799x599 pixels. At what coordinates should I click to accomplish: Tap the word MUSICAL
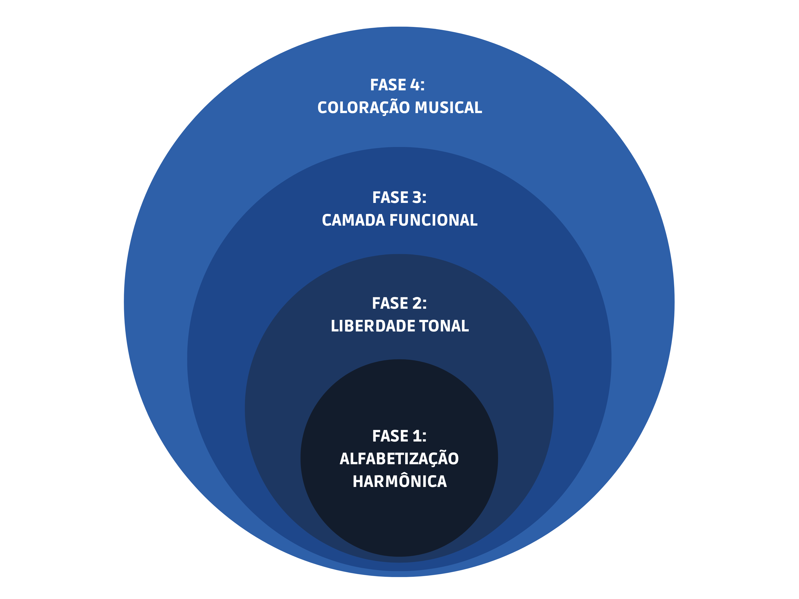(x=448, y=108)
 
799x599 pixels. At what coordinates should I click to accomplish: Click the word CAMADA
(x=353, y=220)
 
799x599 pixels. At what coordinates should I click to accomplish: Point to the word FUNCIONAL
(x=433, y=220)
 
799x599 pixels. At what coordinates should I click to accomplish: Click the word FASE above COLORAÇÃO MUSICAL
(x=388, y=85)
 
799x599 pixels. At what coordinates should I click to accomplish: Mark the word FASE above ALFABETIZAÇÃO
(x=390, y=436)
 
